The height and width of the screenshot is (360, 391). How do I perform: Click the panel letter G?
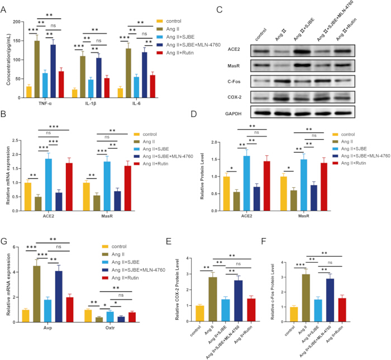(4, 241)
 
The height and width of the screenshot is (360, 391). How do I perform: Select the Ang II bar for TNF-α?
(37, 69)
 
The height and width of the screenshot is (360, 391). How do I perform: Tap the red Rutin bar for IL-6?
(152, 86)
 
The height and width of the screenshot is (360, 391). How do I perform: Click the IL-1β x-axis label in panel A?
(90, 103)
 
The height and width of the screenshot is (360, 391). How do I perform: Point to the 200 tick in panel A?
(17, 22)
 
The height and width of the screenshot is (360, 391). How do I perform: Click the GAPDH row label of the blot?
(233, 114)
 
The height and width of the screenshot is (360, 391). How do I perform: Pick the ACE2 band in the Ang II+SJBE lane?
(302, 52)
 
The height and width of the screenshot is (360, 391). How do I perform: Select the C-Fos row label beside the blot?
(234, 82)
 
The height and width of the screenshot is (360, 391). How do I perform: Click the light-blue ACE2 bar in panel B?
(49, 185)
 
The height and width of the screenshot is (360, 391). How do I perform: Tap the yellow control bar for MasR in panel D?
(284, 194)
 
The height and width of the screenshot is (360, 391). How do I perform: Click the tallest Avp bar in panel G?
(37, 294)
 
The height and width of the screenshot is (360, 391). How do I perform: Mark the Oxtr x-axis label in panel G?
(110, 328)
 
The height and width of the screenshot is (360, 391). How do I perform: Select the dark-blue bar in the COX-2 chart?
(239, 301)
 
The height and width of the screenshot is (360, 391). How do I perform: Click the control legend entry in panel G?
(114, 247)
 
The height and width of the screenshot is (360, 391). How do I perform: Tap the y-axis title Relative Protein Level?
(202, 176)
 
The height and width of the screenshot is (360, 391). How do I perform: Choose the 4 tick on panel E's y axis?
(187, 258)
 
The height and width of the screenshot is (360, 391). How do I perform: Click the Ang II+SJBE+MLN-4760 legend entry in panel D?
(361, 156)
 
